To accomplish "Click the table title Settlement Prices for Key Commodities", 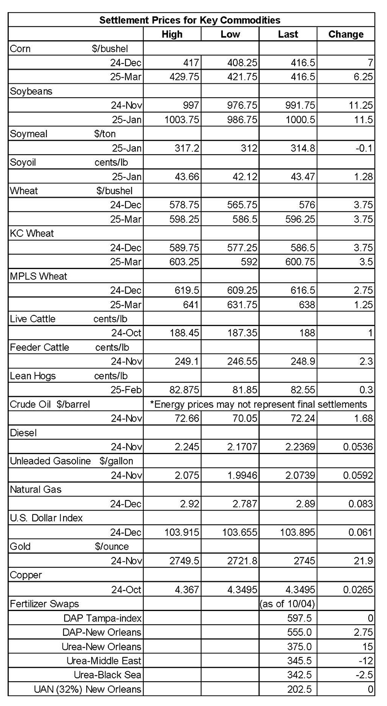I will tap(189, 20).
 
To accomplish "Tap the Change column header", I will tap(346, 34).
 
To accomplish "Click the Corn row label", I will tap(21, 49).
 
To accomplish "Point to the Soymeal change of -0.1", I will tap(364, 148).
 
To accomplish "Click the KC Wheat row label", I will tap(32, 233).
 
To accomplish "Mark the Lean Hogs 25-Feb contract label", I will tap(126, 390).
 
